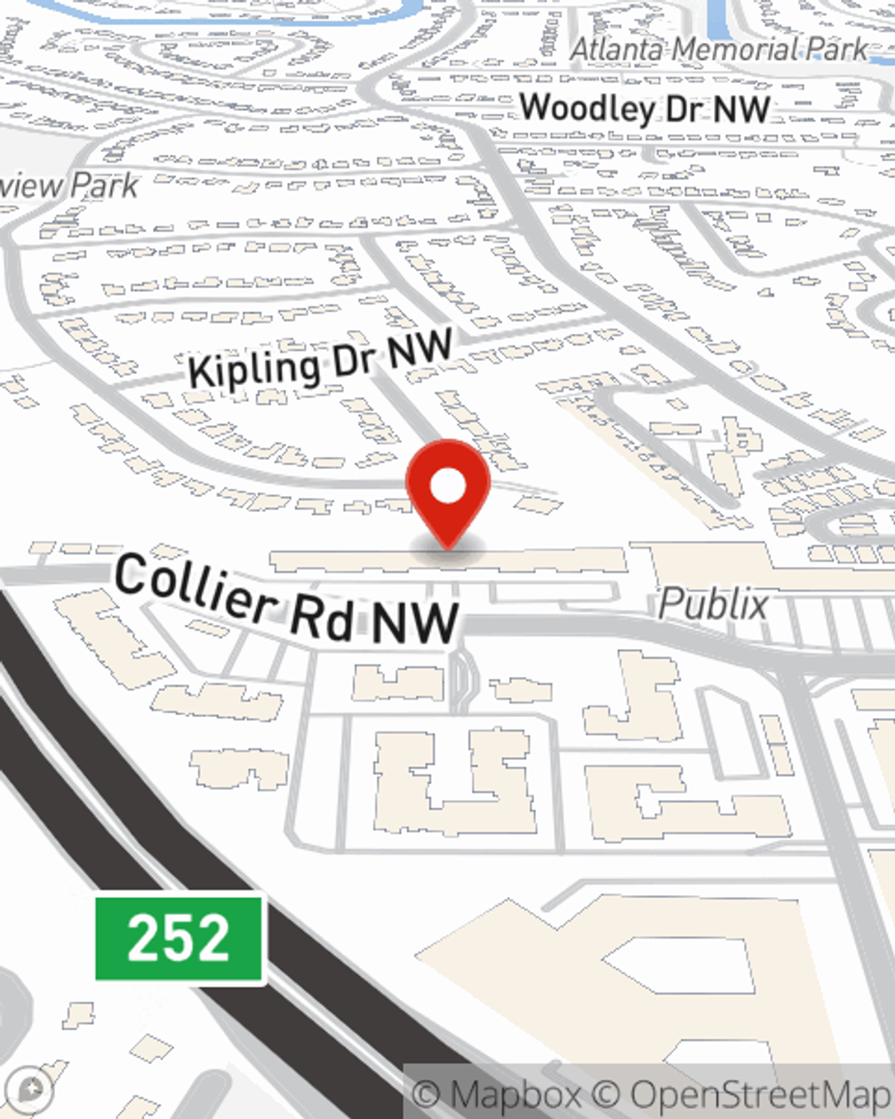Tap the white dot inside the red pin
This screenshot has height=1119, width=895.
(447, 488)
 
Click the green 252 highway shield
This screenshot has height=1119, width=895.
(179, 938)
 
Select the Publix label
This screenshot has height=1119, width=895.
(713, 605)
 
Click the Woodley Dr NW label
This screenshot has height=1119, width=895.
(644, 109)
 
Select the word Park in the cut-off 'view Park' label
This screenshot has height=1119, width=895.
(105, 186)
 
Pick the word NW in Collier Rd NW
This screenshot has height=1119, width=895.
(415, 622)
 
